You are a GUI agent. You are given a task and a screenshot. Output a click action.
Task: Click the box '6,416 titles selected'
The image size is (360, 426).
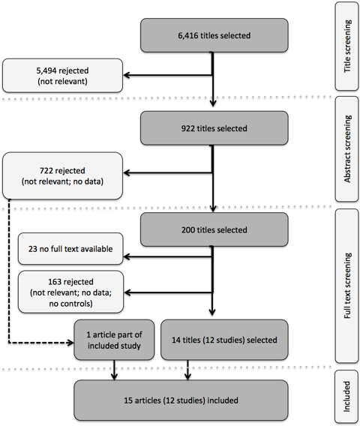pyautogui.click(x=214, y=35)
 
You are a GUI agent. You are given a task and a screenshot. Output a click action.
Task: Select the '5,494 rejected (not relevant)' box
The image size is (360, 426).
pyautogui.click(x=62, y=76)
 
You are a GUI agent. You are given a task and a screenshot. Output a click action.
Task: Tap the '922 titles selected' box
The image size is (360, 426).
pyautogui.click(x=214, y=128)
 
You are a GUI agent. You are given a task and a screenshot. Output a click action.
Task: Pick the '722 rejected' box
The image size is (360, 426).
pyautogui.click(x=62, y=175)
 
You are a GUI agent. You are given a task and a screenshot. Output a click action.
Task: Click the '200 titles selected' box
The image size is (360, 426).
pyautogui.click(x=214, y=229)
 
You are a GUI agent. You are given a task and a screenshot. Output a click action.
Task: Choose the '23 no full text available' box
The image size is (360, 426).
pyautogui.click(x=70, y=248)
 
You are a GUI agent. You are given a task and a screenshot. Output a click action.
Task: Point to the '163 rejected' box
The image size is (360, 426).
pyautogui.click(x=70, y=292)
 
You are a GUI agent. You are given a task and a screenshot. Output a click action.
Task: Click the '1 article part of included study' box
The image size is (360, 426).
pyautogui.click(x=114, y=340)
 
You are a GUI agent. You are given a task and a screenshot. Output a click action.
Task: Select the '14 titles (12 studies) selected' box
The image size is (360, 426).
pyautogui.click(x=224, y=340)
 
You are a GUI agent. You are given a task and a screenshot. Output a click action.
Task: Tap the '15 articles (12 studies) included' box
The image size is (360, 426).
pyautogui.click(x=181, y=400)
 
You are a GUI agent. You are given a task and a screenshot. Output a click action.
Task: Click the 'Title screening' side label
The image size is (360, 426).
pyautogui.click(x=347, y=46)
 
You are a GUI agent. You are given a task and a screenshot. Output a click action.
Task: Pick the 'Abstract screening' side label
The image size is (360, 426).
pyautogui.click(x=347, y=149)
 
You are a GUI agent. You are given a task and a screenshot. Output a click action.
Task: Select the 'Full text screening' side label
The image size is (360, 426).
pyautogui.click(x=347, y=286)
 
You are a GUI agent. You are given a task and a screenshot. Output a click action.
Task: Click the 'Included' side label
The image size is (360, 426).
pyautogui.click(x=347, y=397)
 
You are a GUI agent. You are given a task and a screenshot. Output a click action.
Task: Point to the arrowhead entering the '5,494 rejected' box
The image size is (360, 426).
pyautogui.click(x=126, y=75)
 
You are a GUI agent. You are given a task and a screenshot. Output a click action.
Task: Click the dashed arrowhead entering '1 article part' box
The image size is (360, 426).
pyautogui.click(x=70, y=343)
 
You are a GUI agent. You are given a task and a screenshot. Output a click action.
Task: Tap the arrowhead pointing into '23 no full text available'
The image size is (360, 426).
pyautogui.click(x=127, y=256)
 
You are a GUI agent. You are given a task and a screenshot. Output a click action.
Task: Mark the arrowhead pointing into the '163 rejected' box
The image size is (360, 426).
pyautogui.click(x=127, y=292)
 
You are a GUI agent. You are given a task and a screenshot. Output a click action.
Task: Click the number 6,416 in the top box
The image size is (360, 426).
pyautogui.click(x=188, y=35)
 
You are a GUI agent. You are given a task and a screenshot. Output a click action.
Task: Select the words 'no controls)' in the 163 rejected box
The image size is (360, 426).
pyautogui.click(x=70, y=304)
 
